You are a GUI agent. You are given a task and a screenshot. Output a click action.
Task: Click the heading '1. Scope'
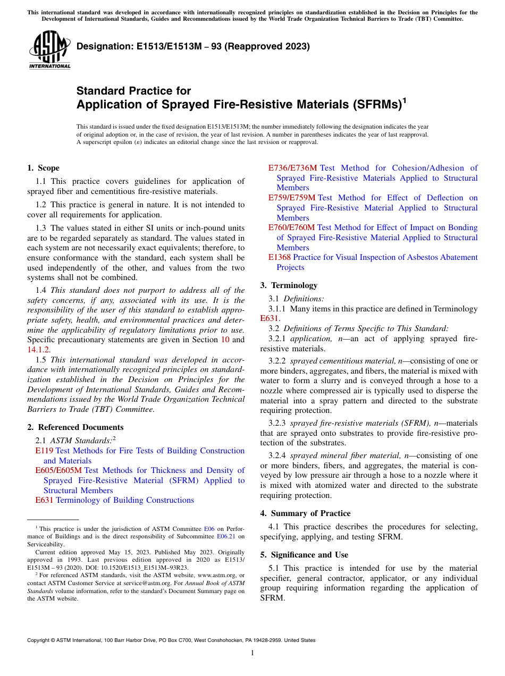[43, 168]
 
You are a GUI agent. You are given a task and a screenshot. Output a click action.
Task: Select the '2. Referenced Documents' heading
[75, 427]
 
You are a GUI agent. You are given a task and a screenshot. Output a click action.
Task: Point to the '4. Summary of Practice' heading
[305, 513]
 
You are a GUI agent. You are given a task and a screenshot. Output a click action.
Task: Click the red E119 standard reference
[44, 451]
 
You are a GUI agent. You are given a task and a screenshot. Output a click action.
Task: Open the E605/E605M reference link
[58, 470]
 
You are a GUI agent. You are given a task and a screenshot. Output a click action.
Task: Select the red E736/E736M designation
[292, 168]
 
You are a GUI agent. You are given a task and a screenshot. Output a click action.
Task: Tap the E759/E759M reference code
[292, 198]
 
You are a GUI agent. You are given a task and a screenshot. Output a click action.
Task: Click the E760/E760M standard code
[292, 227]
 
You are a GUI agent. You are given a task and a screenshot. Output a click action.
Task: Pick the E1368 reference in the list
[280, 257]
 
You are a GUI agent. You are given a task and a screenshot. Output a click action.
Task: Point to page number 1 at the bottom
[252, 653]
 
